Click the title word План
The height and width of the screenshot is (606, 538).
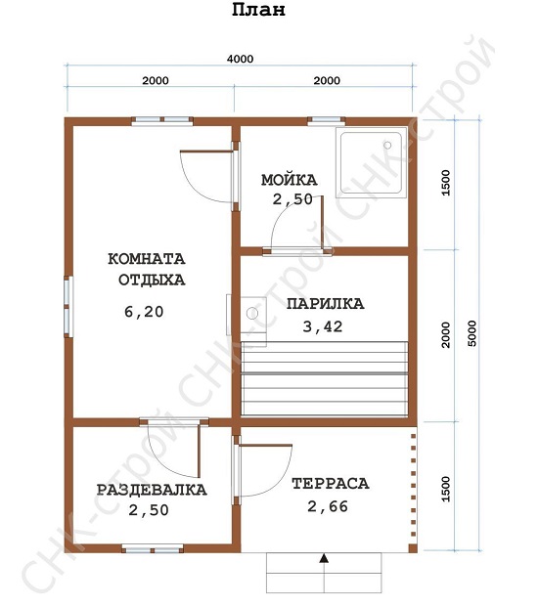(258, 10)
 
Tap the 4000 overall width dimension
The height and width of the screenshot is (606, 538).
(241, 59)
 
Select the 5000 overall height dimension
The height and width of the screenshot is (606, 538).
(472, 333)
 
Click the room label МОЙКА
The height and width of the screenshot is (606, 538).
(289, 180)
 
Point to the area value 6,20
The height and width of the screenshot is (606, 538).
(144, 312)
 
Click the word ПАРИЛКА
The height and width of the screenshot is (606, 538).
(326, 304)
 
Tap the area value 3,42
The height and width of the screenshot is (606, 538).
(323, 326)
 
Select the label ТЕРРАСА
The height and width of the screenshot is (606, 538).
(331, 484)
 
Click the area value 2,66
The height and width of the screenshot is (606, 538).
(328, 506)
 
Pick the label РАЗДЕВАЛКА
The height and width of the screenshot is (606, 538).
(152, 490)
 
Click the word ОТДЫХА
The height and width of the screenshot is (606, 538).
(152, 280)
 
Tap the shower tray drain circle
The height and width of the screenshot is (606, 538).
(387, 145)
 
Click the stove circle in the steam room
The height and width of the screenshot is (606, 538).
(252, 313)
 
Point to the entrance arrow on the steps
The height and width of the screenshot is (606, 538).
(324, 558)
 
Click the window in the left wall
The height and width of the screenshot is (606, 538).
(68, 307)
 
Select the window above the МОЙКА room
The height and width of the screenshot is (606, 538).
(327, 121)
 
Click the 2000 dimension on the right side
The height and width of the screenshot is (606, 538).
(445, 334)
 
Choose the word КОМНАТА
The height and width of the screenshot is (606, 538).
(147, 259)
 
